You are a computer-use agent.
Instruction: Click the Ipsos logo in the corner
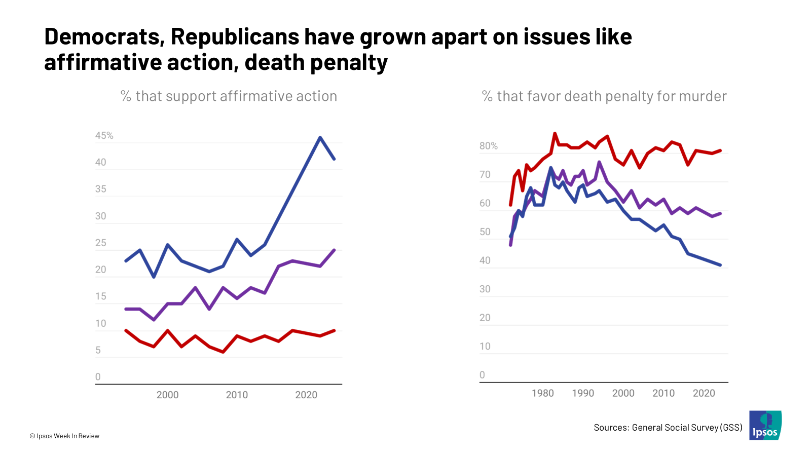[765, 425]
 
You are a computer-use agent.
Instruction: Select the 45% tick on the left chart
[104, 136]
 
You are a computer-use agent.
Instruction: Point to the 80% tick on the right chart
[489, 146]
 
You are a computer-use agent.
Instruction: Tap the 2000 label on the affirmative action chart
[167, 395]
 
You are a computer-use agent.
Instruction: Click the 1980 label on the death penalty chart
[542, 393]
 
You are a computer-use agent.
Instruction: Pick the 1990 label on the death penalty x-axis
[583, 393]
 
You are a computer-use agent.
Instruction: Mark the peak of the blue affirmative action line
[320, 137]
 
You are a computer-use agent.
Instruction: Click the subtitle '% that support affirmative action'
[229, 96]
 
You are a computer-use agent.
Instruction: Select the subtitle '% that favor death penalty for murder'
[604, 96]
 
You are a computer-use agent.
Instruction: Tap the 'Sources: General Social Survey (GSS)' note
[668, 428]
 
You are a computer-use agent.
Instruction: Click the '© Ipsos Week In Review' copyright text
[64, 436]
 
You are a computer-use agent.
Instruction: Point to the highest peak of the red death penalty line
[555, 133]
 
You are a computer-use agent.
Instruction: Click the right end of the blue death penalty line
[720, 265]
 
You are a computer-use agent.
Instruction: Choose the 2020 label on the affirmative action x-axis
[306, 395]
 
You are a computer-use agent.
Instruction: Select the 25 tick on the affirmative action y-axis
[101, 243]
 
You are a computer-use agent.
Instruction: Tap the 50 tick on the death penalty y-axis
[485, 232]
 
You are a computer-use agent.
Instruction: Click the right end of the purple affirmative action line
[334, 250]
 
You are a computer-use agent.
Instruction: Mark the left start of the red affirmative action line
[126, 330]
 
